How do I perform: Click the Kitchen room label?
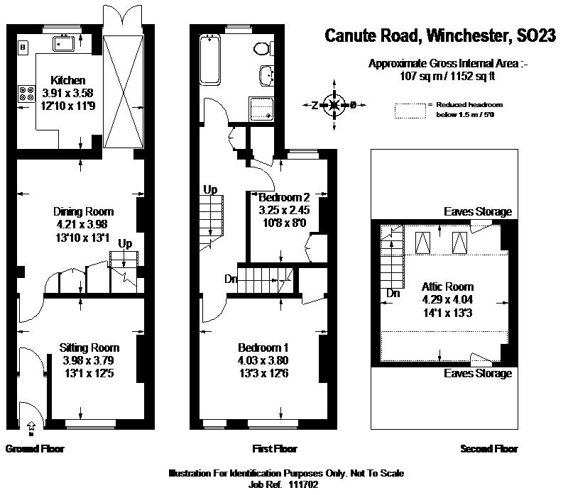pyautogui.click(x=67, y=81)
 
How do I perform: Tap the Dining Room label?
pyautogui.click(x=84, y=211)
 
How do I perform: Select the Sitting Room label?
pyautogui.click(x=89, y=347)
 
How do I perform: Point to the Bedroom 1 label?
pyautogui.click(x=263, y=347)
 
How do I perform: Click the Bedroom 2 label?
pyautogui.click(x=285, y=197)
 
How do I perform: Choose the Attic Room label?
pyautogui.click(x=447, y=287)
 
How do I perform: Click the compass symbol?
pyautogui.click(x=334, y=106)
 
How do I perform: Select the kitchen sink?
pyautogui.click(x=67, y=43)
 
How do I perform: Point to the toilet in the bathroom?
pyautogui.click(x=263, y=48)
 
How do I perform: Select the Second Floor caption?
pyautogui.click(x=489, y=449)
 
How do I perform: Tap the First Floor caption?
pyautogui.click(x=275, y=449)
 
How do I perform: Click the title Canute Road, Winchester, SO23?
pyautogui.click(x=440, y=35)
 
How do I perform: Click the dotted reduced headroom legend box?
pyautogui.click(x=409, y=109)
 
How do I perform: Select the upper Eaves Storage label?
pyautogui.click(x=477, y=212)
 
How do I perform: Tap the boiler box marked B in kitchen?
pyautogui.click(x=23, y=48)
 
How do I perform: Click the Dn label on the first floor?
pyautogui.click(x=231, y=279)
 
